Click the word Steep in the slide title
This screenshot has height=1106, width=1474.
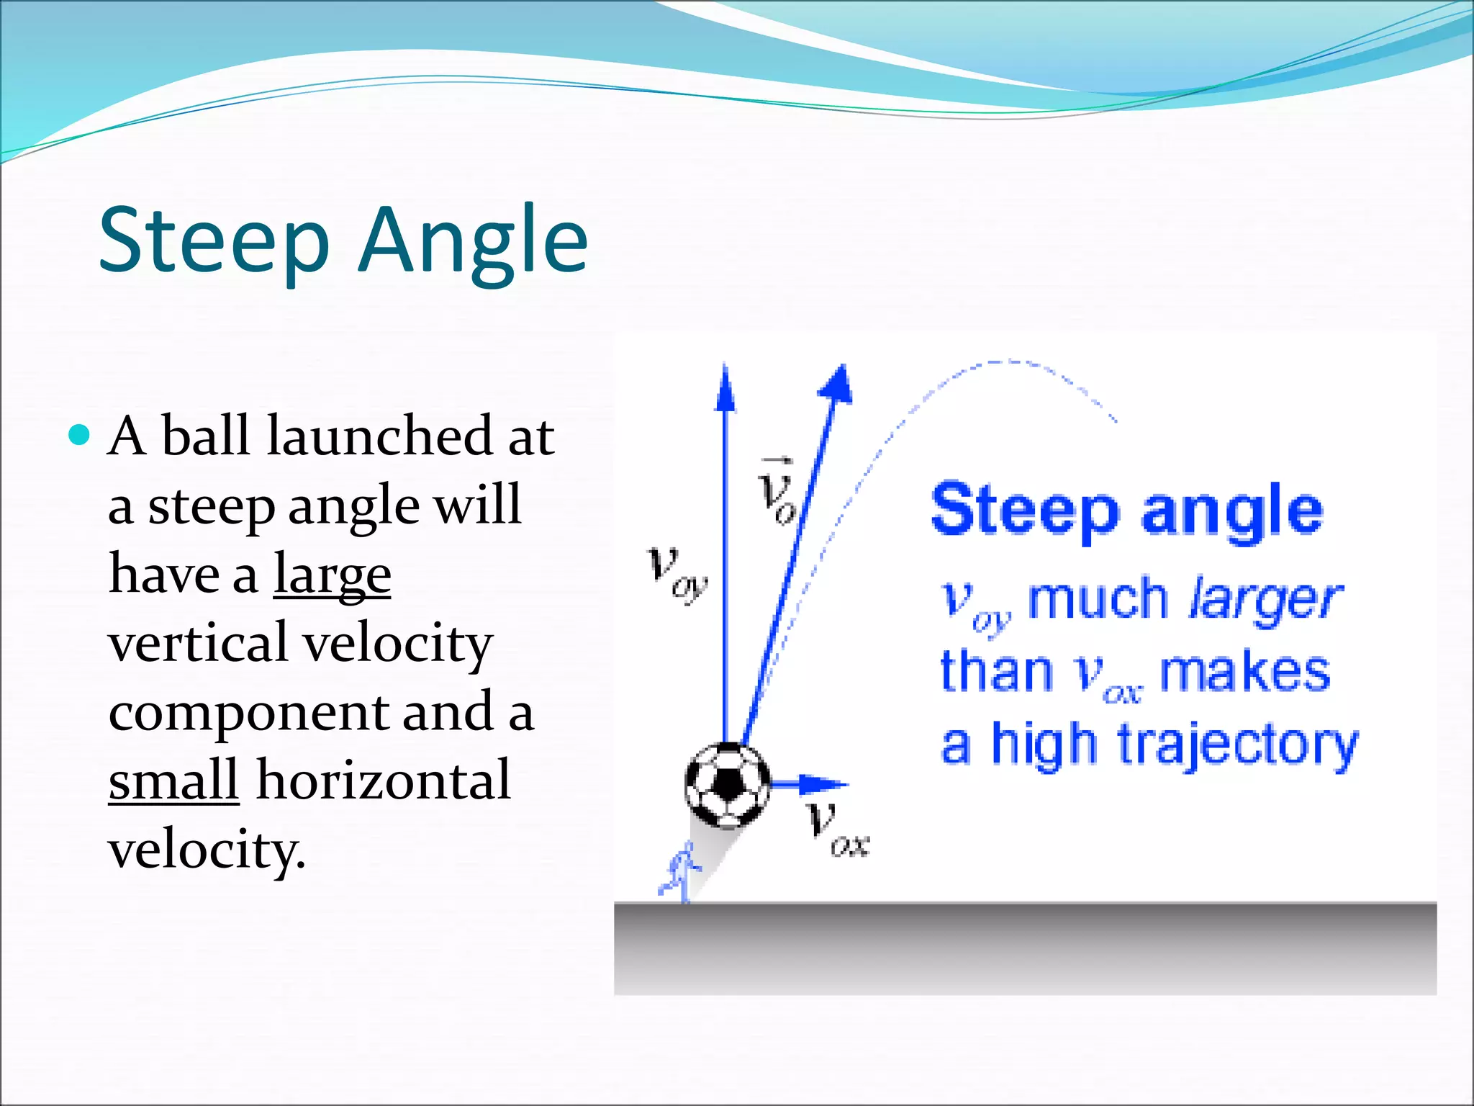point(214,240)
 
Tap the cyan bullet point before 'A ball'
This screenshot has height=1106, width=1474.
point(79,435)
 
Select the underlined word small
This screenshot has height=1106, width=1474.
point(173,781)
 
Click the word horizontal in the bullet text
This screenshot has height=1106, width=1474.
point(383,781)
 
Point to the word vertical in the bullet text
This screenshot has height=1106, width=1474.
point(198,643)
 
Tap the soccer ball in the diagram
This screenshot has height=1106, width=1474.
point(727,785)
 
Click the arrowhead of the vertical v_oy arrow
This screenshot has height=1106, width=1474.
point(725,389)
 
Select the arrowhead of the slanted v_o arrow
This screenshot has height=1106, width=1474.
point(838,382)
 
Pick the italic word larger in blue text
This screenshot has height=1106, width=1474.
point(1265,599)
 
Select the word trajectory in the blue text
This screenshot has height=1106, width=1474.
point(1237,745)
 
